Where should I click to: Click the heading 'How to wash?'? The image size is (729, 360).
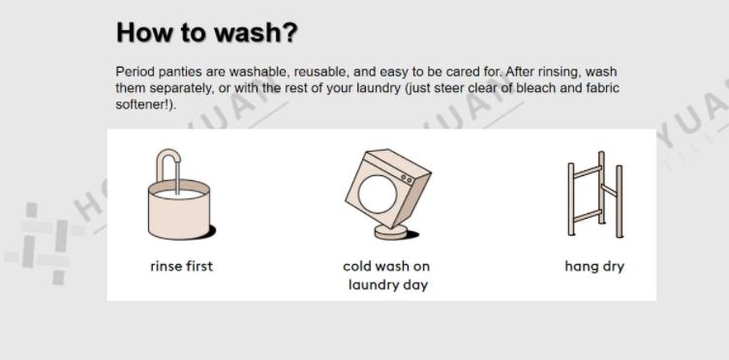coord(206,33)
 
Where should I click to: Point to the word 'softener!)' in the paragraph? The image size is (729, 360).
coord(146,105)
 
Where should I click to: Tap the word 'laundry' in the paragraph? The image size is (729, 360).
coord(377,88)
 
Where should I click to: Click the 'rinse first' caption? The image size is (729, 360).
coord(181,266)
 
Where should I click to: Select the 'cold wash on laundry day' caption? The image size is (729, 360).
coord(387,276)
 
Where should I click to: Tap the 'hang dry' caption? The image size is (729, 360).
coord(594,266)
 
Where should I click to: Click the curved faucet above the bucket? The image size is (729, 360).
coord(167,156)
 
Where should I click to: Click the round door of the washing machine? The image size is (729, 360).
coord(378,195)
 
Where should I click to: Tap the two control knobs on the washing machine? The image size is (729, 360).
coord(407,179)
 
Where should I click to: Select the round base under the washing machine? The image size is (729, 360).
coord(391,231)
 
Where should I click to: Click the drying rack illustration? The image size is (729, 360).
coord(595,194)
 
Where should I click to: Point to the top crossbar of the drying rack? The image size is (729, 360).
coord(588,173)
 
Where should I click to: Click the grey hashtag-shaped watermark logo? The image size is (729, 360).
coord(46,243)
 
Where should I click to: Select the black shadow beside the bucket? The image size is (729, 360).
coord(209,232)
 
